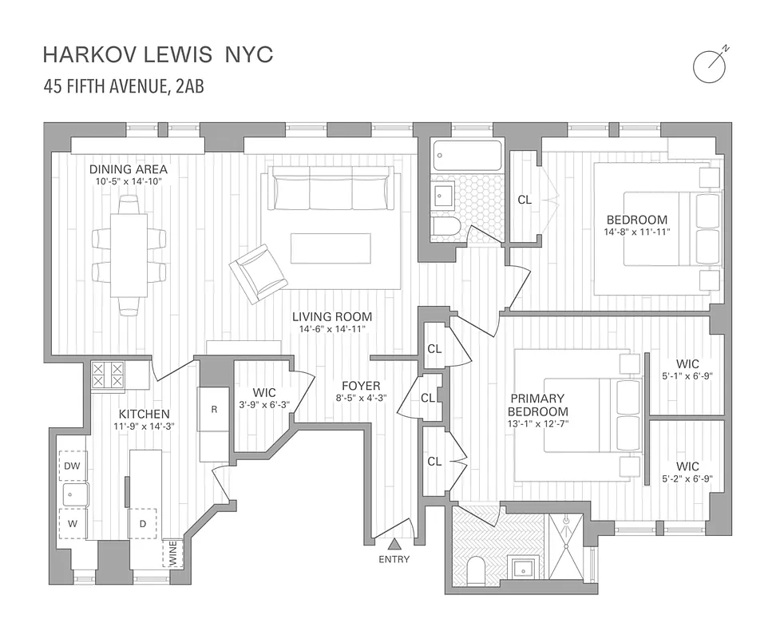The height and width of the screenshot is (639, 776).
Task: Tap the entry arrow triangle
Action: (x=394, y=545)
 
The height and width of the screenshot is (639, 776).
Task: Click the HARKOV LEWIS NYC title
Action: (x=157, y=54)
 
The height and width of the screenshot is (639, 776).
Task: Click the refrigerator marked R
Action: (x=214, y=409)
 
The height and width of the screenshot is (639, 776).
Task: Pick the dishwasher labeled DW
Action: (x=72, y=465)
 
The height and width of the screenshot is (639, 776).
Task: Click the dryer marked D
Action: (x=143, y=524)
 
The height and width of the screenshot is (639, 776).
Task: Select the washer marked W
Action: (x=72, y=524)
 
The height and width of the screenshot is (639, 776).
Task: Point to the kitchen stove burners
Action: (x=109, y=375)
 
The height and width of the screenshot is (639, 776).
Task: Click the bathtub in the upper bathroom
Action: (x=467, y=157)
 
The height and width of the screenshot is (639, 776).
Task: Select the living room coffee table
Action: (x=330, y=248)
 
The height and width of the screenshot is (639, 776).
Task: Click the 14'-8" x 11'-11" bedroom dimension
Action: (x=637, y=232)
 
